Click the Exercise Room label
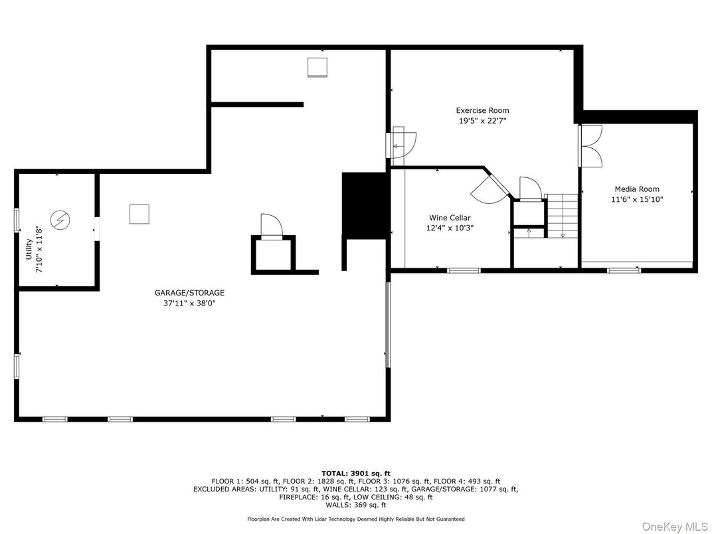tap(482, 110)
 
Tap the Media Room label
tap(636, 189)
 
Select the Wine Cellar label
tap(450, 218)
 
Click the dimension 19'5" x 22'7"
tap(482, 121)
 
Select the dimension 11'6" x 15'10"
tap(636, 199)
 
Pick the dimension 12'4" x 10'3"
tap(450, 228)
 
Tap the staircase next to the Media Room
tap(562, 215)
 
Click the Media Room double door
tap(590, 146)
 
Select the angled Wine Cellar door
tap(488, 190)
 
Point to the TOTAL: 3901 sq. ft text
tap(355, 474)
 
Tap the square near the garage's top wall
tap(317, 67)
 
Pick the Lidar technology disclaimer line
tap(355, 519)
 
